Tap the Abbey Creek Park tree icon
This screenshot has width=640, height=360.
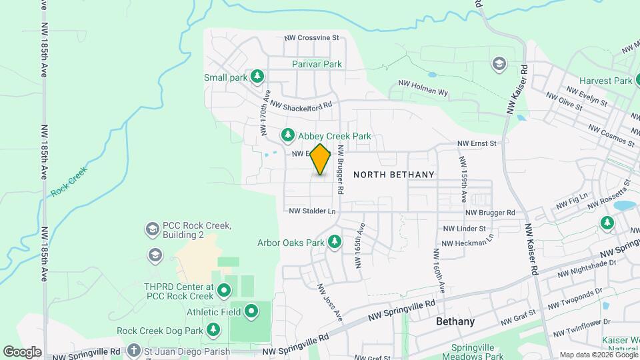click(x=288, y=136)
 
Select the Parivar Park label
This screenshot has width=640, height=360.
click(x=317, y=65)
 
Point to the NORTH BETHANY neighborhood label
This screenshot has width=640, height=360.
click(x=393, y=175)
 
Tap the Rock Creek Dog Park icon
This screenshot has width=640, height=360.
click(x=213, y=331)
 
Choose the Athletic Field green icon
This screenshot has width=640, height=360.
click(x=251, y=311)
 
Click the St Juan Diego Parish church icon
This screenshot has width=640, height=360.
click(x=133, y=351)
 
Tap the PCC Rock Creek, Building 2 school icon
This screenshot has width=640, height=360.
click(x=152, y=230)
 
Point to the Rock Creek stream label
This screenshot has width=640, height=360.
click(x=69, y=181)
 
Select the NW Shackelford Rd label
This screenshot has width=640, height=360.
click(x=301, y=105)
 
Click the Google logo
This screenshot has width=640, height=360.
click(x=22, y=351)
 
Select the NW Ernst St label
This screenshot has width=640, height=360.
click(x=477, y=143)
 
